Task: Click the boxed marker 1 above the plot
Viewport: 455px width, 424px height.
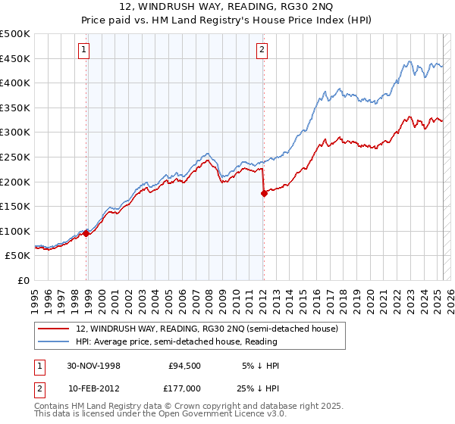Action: [83, 51]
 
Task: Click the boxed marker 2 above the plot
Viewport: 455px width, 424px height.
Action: [262, 51]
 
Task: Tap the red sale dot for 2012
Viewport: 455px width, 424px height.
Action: [264, 193]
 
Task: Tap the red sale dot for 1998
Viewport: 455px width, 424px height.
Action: [86, 233]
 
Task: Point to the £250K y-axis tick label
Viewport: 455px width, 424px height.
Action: [15, 157]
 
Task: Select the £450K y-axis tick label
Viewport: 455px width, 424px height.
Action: [15, 58]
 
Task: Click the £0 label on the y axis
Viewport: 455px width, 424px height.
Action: [24, 280]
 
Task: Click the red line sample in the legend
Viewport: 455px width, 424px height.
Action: [55, 328]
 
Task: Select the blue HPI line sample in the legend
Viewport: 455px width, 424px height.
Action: [55, 341]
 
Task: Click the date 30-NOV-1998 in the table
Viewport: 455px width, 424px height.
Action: [94, 366]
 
